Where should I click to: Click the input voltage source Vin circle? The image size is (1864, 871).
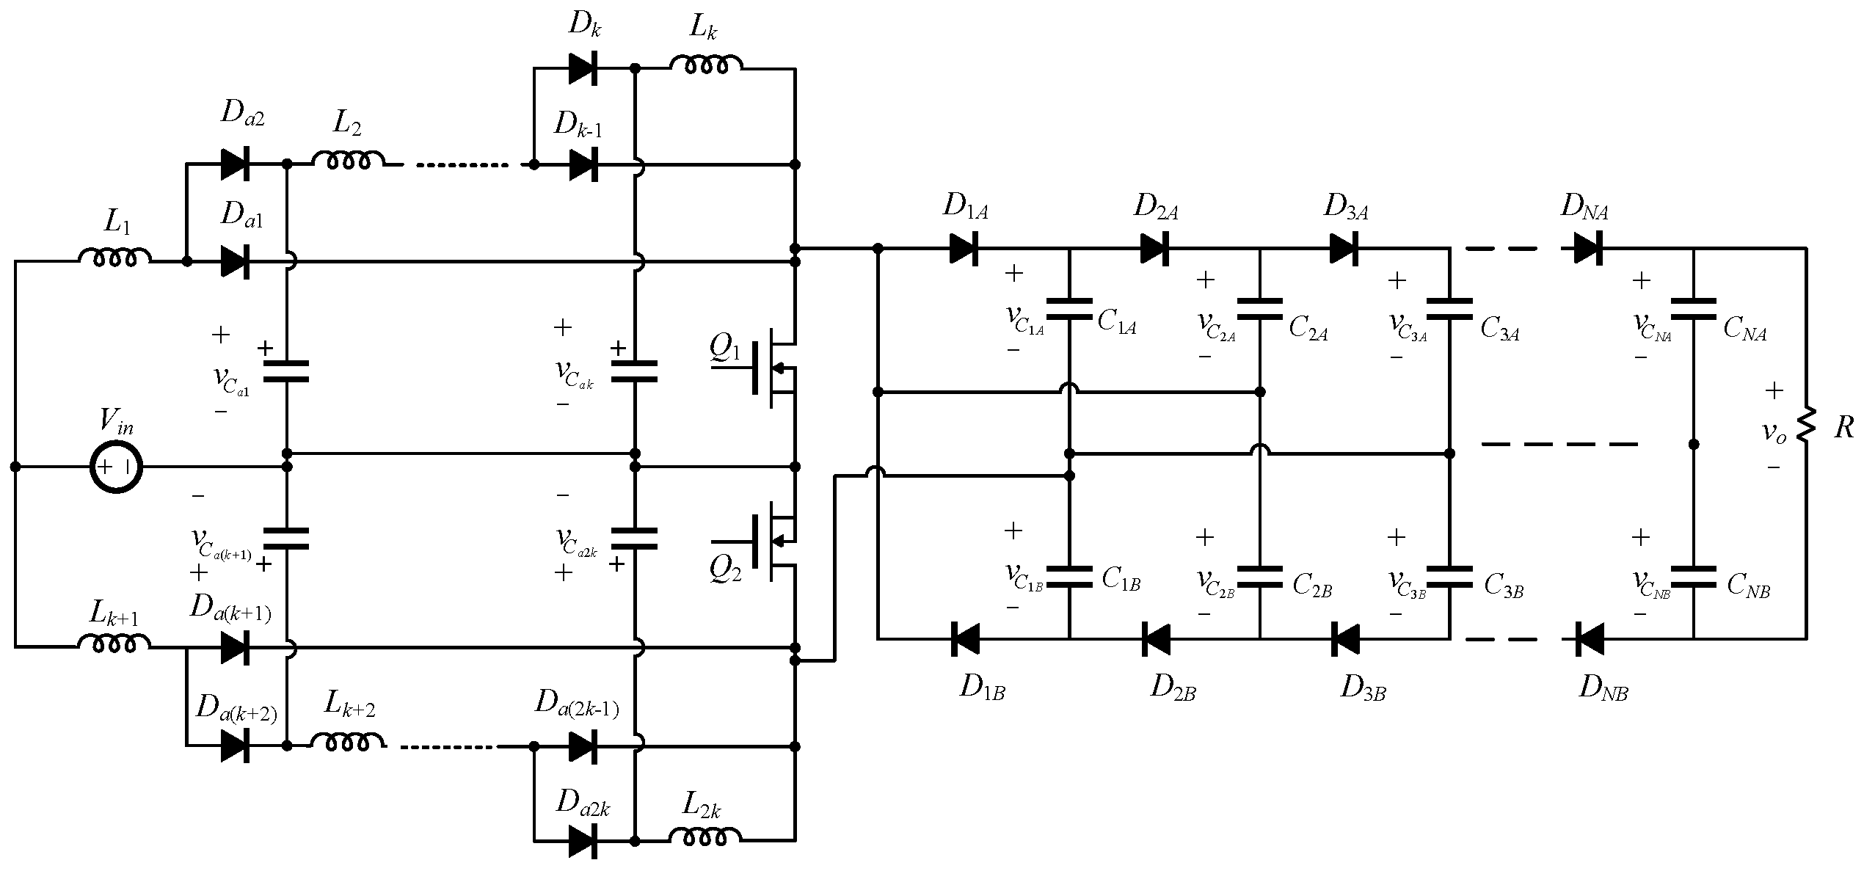(116, 467)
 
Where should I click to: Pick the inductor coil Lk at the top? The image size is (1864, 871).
(705, 65)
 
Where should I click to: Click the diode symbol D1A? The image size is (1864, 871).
(964, 249)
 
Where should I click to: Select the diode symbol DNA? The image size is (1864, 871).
(1587, 249)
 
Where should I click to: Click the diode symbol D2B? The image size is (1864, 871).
(1155, 639)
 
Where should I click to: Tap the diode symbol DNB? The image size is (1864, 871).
(1587, 639)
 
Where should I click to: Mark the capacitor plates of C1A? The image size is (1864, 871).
(1069, 309)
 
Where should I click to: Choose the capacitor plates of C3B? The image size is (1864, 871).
(1449, 577)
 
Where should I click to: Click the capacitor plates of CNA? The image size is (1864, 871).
(1693, 309)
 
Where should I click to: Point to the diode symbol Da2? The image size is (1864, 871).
(236, 165)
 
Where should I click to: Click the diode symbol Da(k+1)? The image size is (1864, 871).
(236, 648)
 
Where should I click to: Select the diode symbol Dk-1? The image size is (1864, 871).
(583, 165)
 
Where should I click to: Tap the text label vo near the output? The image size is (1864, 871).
(1774, 432)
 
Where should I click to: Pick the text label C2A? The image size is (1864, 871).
(1308, 329)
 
